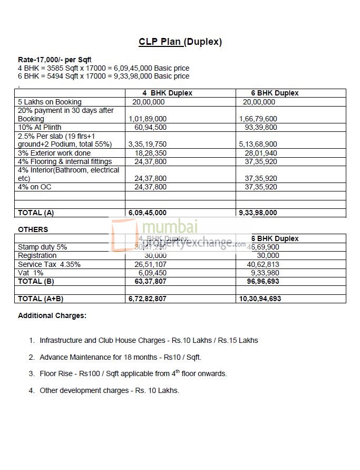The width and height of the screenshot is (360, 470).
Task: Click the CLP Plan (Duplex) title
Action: [x=180, y=42]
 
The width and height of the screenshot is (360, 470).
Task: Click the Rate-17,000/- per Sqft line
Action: [x=55, y=60]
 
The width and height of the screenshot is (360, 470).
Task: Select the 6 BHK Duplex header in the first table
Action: [x=275, y=93]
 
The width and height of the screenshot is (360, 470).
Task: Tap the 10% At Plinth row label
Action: [x=40, y=127]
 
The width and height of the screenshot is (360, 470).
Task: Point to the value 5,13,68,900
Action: [x=258, y=144]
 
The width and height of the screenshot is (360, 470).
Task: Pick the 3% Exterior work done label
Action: [x=54, y=153]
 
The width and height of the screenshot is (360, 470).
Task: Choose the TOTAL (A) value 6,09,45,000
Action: [x=148, y=213]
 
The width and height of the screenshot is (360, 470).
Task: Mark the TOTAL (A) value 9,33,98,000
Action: [x=258, y=213]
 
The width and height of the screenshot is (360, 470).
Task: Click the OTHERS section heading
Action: [x=33, y=229]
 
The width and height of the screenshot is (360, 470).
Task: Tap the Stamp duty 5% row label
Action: [x=43, y=247]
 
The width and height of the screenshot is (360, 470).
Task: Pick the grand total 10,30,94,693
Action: [x=260, y=299]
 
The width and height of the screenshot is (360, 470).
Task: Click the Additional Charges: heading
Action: [x=52, y=316]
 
